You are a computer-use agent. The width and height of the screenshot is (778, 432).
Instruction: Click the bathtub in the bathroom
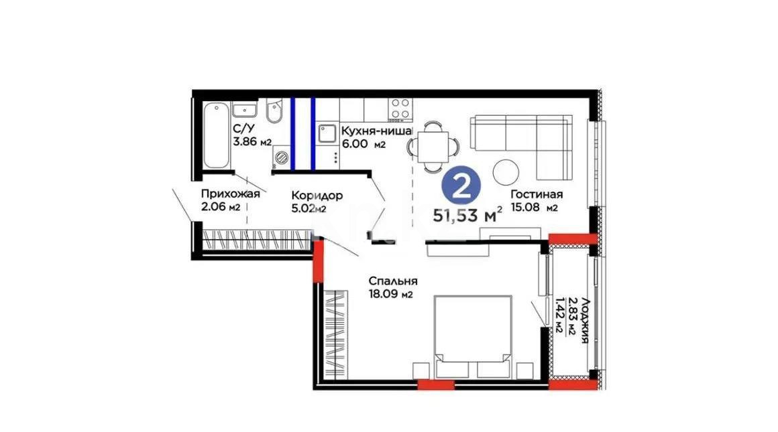[x=215, y=135]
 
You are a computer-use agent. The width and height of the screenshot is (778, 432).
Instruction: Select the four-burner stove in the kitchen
[x=401, y=108]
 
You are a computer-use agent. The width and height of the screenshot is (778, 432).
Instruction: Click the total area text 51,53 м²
[x=470, y=215]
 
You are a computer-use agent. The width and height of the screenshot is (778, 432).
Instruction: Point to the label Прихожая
[x=230, y=194]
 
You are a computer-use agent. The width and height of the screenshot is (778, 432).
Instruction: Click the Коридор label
[x=317, y=196]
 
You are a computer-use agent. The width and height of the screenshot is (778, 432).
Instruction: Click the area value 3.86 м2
[x=252, y=142]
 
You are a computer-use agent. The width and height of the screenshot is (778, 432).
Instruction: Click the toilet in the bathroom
[x=274, y=114]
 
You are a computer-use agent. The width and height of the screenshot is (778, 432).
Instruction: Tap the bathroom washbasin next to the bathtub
[x=245, y=109]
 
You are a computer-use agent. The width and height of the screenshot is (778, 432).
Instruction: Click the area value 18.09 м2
[x=389, y=293]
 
